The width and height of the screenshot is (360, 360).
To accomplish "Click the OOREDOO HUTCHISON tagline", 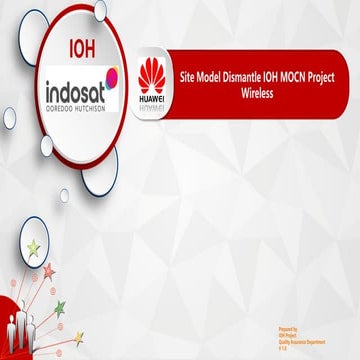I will [x=71, y=107].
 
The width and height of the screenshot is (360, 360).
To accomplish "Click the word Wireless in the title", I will [x=257, y=90].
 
